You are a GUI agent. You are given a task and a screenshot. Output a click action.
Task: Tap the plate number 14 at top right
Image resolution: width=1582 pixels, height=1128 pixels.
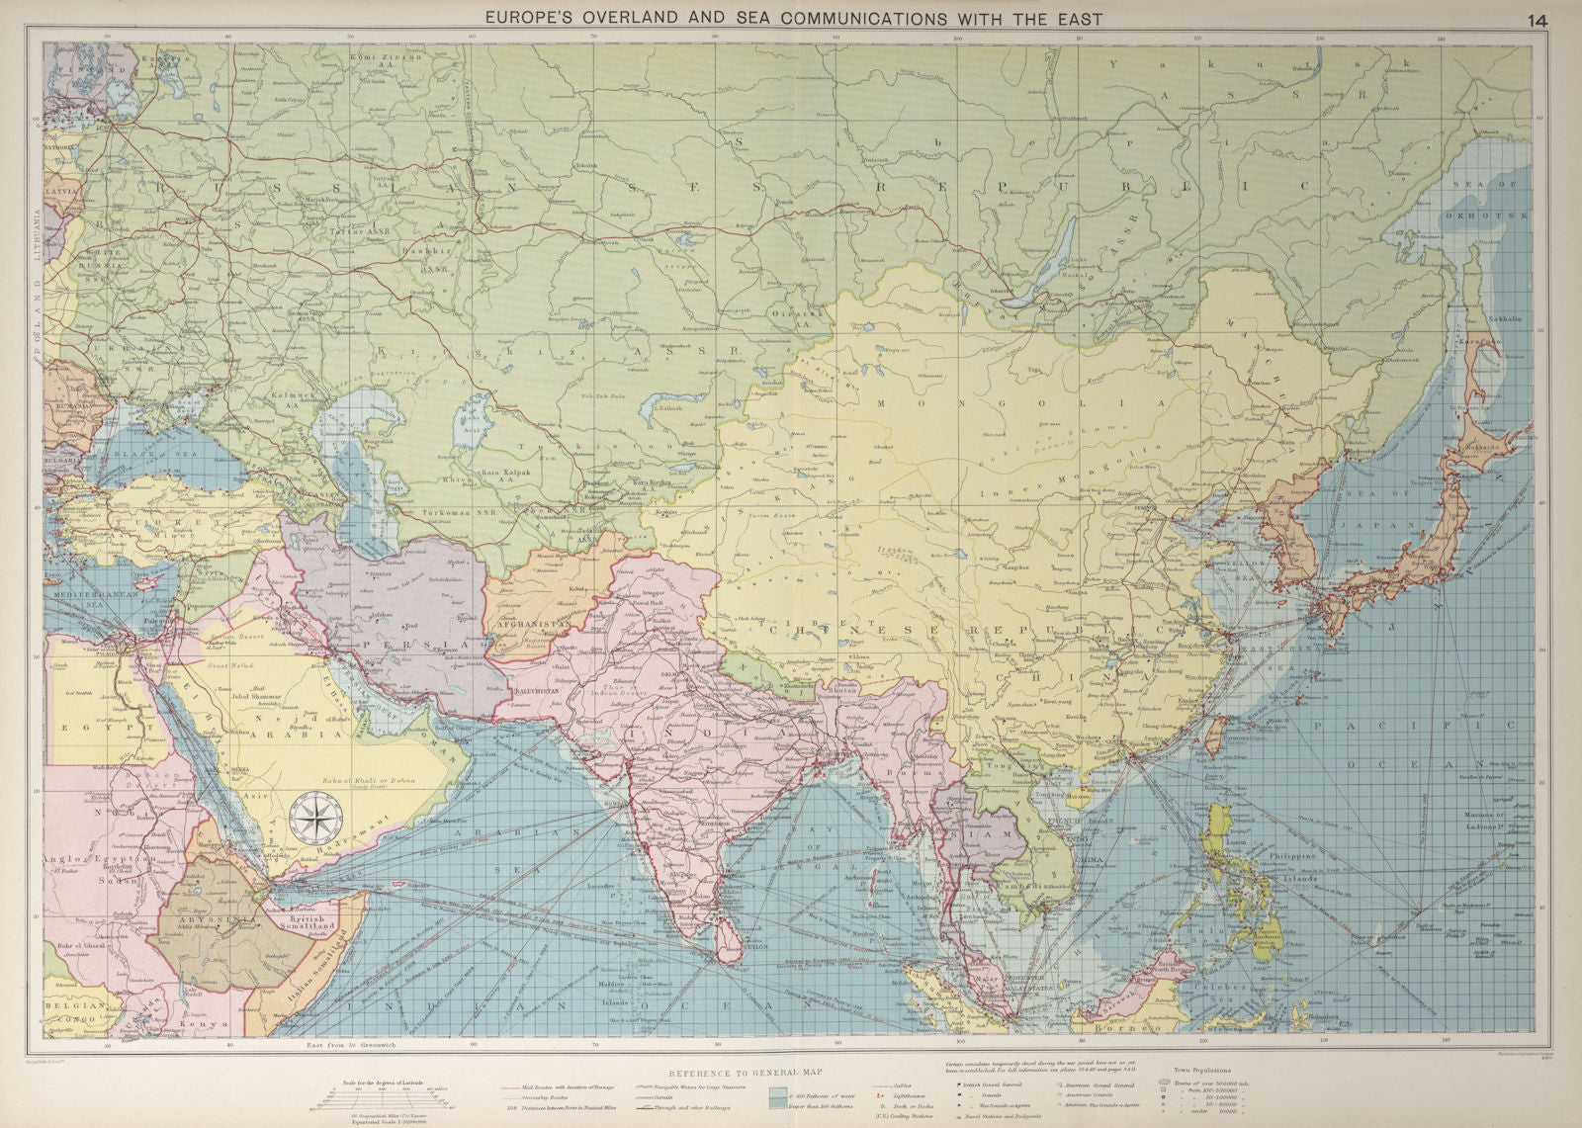click(x=1538, y=20)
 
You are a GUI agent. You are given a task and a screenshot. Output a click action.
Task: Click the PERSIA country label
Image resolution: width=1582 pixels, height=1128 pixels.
click(x=428, y=644)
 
